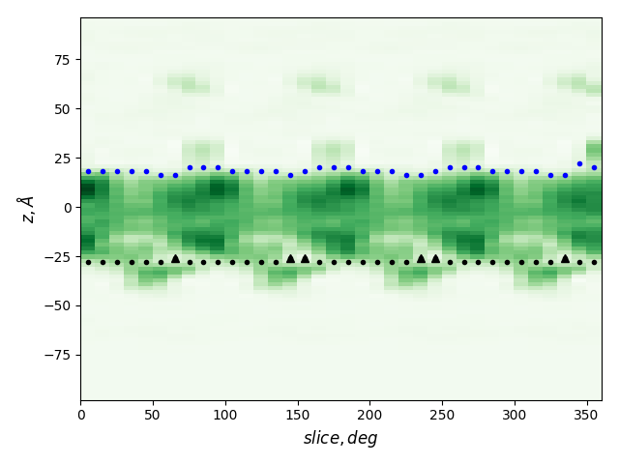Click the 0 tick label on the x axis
click(80, 415)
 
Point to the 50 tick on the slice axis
click(153, 415)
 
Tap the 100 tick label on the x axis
click(225, 415)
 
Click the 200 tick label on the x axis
click(369, 415)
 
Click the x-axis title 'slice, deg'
click(340, 438)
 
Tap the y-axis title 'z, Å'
click(26, 209)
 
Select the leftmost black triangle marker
click(175, 258)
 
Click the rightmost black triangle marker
click(565, 258)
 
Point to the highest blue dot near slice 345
click(579, 164)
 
